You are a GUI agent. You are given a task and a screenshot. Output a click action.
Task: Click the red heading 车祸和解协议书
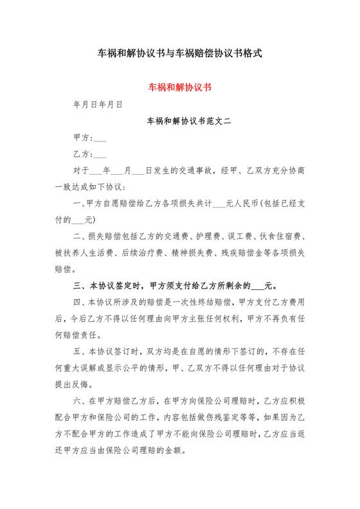[x=180, y=86]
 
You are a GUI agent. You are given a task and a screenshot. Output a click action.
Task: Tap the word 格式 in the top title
[x=251, y=53]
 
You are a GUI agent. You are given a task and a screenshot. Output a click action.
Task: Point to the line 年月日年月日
[x=98, y=103]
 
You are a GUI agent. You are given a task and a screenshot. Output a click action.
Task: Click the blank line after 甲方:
[x=100, y=138]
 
